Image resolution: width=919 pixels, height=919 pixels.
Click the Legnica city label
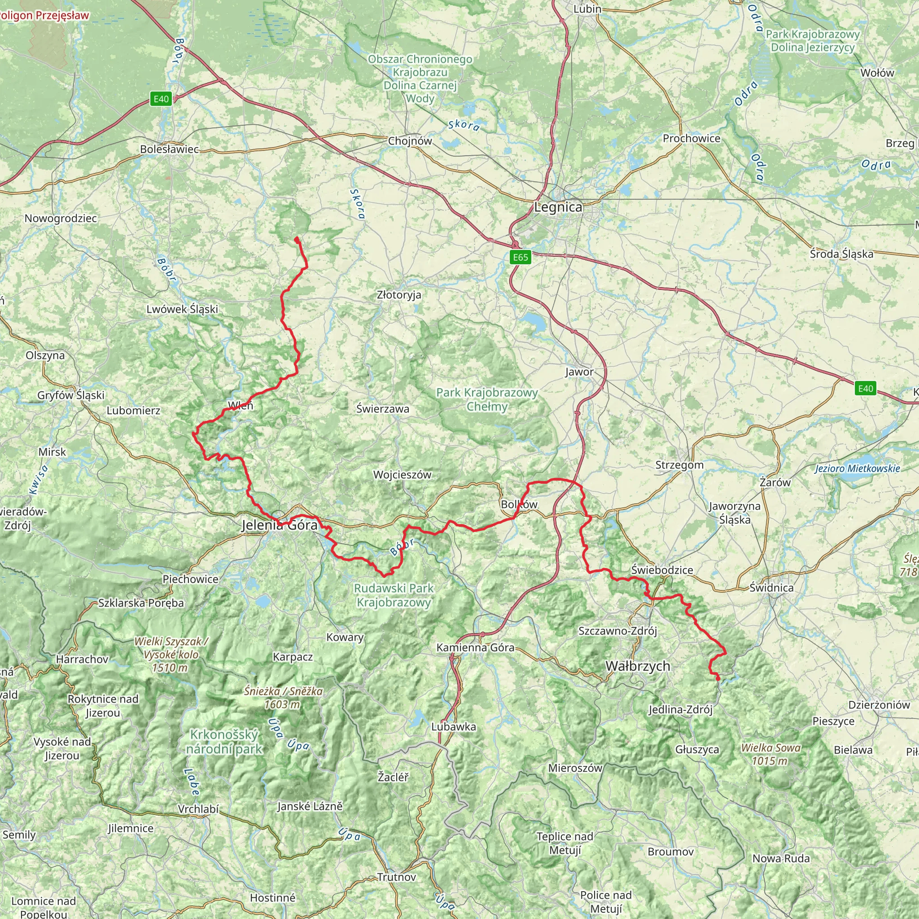[x=558, y=207]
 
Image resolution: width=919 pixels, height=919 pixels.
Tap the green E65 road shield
[x=520, y=257]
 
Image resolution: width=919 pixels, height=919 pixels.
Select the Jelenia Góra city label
[x=279, y=525]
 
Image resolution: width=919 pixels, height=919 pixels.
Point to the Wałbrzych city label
[x=638, y=666]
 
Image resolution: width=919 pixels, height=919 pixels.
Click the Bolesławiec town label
[x=169, y=149]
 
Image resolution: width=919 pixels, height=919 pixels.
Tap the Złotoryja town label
[x=398, y=295]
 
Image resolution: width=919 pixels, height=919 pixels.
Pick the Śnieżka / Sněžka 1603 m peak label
[x=283, y=697]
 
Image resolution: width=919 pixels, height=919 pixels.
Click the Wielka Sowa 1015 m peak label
[x=770, y=754]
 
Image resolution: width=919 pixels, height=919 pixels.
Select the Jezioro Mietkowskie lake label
[x=857, y=468]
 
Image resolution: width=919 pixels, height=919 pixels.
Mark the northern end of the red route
[x=296, y=238]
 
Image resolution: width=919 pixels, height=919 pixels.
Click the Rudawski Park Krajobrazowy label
[x=394, y=595]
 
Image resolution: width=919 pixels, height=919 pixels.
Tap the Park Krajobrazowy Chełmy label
[x=486, y=399]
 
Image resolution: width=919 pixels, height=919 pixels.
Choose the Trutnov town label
[x=396, y=877]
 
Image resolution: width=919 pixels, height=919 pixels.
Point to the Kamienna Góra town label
[x=475, y=648]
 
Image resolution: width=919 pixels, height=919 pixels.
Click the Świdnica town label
[x=771, y=588]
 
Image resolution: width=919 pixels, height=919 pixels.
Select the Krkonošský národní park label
[x=223, y=742]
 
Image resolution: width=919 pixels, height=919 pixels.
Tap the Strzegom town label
[x=679, y=465]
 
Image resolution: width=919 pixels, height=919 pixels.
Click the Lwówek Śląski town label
[x=182, y=309]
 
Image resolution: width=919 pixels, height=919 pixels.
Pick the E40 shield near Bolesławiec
[x=161, y=99]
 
